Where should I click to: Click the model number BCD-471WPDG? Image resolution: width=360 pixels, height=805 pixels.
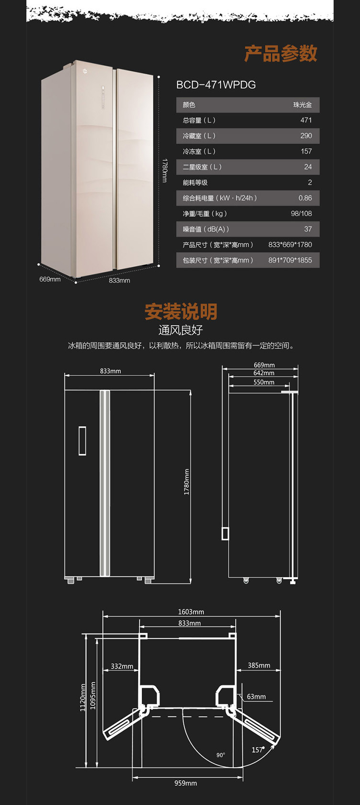[x=216, y=85]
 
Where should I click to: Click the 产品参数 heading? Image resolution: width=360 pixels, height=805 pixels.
[x=280, y=53]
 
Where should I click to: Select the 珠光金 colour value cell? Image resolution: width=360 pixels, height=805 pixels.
[x=302, y=105]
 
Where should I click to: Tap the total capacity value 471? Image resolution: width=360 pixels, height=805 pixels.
[x=306, y=120]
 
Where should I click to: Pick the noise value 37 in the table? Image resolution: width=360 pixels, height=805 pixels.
[x=308, y=229]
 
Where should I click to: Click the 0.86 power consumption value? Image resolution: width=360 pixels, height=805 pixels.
[x=305, y=198]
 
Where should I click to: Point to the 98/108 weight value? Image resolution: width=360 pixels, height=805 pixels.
[x=301, y=214]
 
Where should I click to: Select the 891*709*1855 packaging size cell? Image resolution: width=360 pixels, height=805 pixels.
[x=290, y=260]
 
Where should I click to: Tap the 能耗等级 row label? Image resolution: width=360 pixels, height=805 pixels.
[x=195, y=182]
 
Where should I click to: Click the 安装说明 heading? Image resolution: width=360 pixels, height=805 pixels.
[x=180, y=312]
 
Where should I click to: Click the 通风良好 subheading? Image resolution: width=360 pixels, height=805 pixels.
[x=180, y=330]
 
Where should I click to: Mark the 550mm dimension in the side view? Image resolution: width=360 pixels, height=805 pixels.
[x=264, y=383]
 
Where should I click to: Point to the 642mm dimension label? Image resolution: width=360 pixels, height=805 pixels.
[x=264, y=373]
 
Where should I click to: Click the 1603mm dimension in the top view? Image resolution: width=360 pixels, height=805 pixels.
[x=191, y=612]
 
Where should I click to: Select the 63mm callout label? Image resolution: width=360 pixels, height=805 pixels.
[x=256, y=697]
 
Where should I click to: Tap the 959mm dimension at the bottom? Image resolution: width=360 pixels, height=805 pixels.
[x=185, y=783]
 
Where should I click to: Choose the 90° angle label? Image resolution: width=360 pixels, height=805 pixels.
[x=220, y=755]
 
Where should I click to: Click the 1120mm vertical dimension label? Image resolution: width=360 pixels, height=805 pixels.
[x=83, y=697]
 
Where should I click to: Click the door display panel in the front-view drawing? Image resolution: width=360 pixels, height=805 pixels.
[x=82, y=440]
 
